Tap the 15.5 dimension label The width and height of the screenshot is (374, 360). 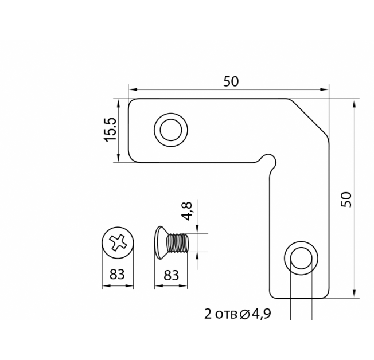click(x=110, y=130)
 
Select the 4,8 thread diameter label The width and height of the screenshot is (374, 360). click(x=186, y=211)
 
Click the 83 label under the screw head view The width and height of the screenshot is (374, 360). click(x=117, y=274)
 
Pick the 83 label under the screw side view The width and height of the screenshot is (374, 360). click(x=171, y=275)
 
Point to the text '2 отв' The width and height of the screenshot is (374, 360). click(x=220, y=314)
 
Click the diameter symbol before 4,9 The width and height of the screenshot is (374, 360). click(x=244, y=315)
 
